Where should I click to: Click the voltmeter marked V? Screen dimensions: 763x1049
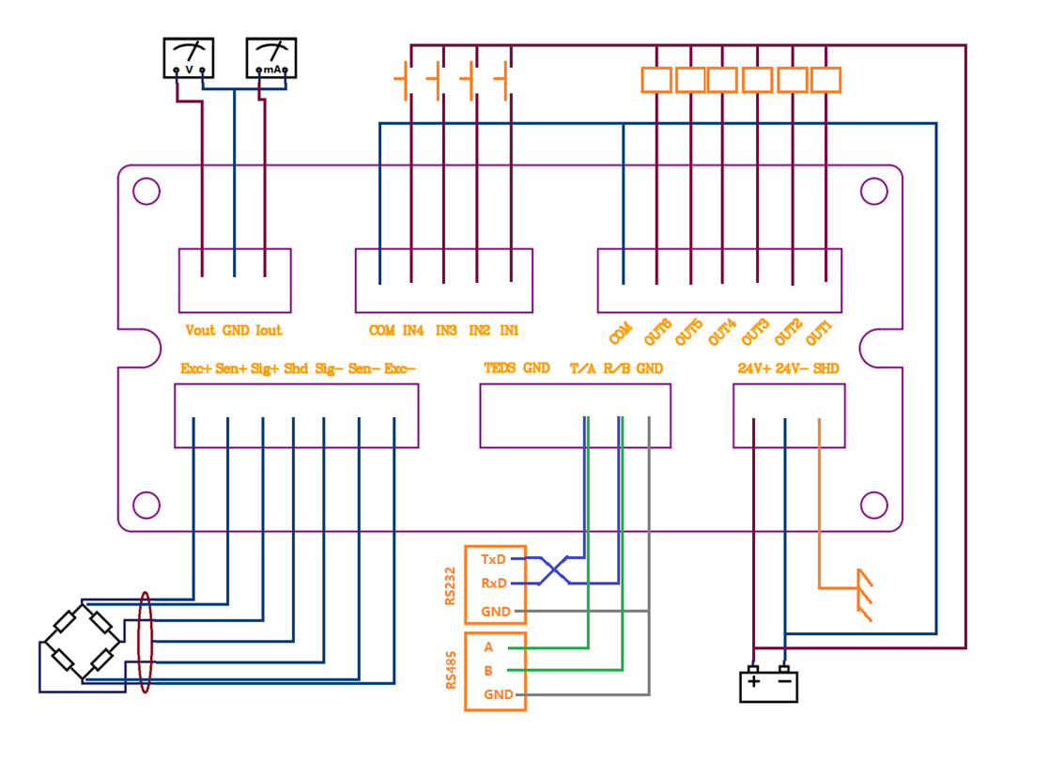point(189,58)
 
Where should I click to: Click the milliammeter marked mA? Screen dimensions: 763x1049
point(270,58)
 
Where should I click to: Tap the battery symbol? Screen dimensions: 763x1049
point(768,684)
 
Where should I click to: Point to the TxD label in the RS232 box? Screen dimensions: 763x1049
point(494,559)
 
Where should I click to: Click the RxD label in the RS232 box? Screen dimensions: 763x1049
point(494,584)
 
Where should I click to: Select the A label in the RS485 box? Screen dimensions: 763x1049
point(488,647)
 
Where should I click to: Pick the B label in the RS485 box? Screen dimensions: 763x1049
point(488,671)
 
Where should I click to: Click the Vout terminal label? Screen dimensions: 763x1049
point(200,331)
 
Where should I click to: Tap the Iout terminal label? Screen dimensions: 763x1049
point(269,331)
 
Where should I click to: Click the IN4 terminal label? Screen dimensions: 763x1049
point(413,331)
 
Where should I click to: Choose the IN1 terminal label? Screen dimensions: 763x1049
point(509,331)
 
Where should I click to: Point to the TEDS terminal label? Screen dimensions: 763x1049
point(500,368)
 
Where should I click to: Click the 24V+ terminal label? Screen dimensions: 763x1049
point(754,368)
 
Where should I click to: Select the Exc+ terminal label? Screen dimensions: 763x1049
point(195,368)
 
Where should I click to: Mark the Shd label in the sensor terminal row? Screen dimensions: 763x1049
point(296,368)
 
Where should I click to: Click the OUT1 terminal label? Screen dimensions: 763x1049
point(820,331)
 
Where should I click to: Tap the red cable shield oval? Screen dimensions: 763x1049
point(145,642)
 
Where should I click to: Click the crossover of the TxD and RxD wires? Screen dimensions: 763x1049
point(555,570)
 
